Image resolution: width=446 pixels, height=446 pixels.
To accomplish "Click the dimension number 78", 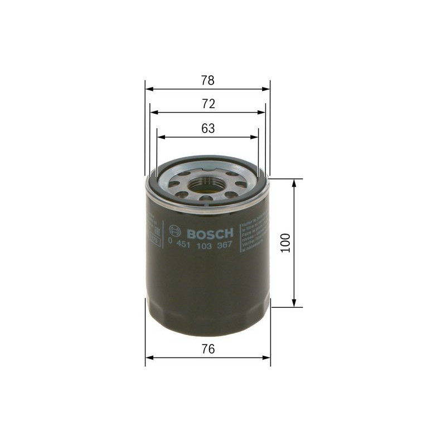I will (207, 80).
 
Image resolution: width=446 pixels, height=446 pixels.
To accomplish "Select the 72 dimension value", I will (207, 104).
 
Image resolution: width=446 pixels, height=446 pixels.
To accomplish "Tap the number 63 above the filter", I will (207, 129).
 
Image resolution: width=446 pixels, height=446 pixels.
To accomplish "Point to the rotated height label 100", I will (286, 243).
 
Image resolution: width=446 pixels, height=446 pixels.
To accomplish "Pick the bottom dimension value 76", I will (207, 350).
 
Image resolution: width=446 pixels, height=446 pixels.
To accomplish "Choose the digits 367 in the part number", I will (224, 244).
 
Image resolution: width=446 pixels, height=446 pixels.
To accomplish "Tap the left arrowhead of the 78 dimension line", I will (148, 88).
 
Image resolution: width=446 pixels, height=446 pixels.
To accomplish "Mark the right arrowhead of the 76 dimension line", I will (266, 357).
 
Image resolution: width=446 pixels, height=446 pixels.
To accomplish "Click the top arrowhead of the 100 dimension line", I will (293, 183).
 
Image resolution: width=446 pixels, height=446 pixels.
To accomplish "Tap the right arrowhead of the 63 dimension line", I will (255, 137).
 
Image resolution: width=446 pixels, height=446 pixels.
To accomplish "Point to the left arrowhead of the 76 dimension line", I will (149, 357).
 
